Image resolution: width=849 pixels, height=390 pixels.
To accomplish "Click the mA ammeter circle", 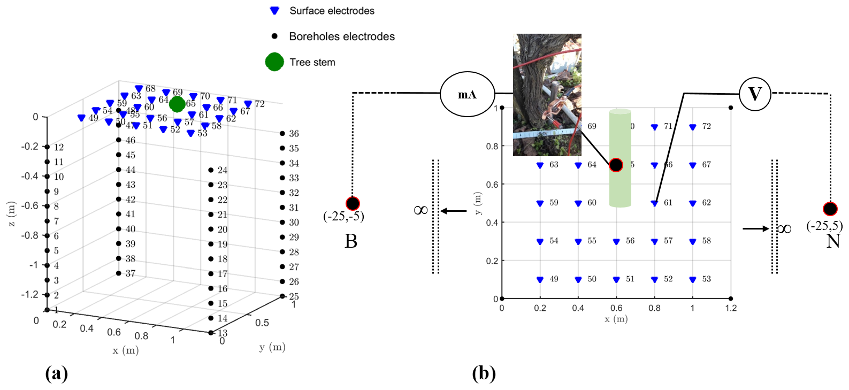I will pyautogui.click(x=467, y=95).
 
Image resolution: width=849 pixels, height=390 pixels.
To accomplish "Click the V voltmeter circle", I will pyautogui.click(x=754, y=94).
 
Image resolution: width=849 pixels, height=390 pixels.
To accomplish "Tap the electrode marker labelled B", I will pyautogui.click(x=353, y=203).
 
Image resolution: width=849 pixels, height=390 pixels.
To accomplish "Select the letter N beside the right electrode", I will pyautogui.click(x=833, y=241).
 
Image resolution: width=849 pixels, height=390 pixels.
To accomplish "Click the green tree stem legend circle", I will pyautogui.click(x=274, y=62).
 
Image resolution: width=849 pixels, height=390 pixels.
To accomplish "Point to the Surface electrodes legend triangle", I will pyautogui.click(x=274, y=11).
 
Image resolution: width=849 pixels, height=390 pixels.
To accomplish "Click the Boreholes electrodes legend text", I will pyautogui.click(x=341, y=36).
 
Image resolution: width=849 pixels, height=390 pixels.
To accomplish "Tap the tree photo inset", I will pyautogui.click(x=547, y=95).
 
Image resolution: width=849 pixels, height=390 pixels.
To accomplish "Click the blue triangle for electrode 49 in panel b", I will pyautogui.click(x=540, y=280).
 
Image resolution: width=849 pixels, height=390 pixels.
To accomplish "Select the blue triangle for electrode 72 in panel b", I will pyautogui.click(x=693, y=127).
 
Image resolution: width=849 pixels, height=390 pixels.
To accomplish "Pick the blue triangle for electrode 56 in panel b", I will pyautogui.click(x=616, y=242).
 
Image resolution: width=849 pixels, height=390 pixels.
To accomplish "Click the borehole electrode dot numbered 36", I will pyautogui.click(x=282, y=133).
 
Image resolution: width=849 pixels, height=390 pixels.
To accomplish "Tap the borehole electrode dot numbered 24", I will pyautogui.click(x=211, y=170).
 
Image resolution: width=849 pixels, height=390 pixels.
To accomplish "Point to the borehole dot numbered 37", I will pyautogui.click(x=119, y=273).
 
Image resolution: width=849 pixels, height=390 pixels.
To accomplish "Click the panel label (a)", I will pyautogui.click(x=57, y=373).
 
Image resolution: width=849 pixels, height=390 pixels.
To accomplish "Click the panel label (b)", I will pyautogui.click(x=484, y=373).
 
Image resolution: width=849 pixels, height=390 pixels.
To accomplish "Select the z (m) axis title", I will pyautogui.click(x=11, y=214).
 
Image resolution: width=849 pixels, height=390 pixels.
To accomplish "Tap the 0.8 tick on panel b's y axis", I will pyautogui.click(x=491, y=146).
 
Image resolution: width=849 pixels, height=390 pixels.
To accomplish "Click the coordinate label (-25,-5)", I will pyautogui.click(x=343, y=217).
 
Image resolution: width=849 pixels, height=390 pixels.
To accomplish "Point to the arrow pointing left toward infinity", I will pyautogui.click(x=453, y=211).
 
